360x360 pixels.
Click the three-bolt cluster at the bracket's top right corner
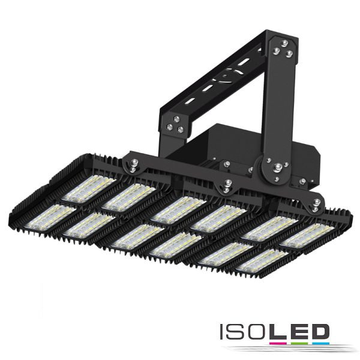coord(284,50)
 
